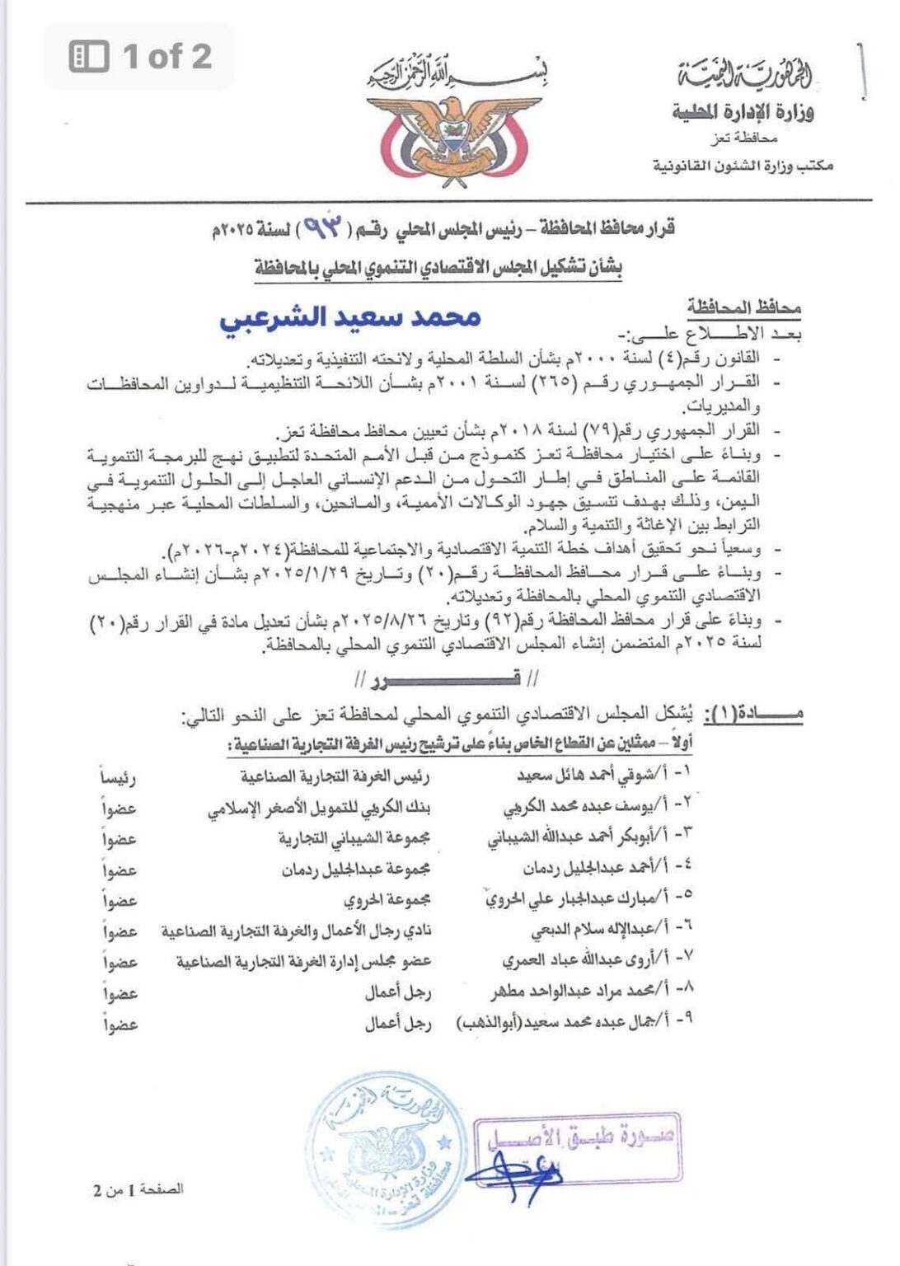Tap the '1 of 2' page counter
pyautogui.click(x=141, y=56)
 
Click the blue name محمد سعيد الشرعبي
pyautogui.click(x=350, y=318)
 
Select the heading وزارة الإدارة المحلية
pyautogui.click(x=742, y=111)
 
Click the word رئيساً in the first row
pyautogui.click(x=118, y=777)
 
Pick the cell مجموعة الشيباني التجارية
pyautogui.click(x=354, y=839)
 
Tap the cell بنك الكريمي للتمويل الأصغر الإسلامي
pyautogui.click(x=319, y=809)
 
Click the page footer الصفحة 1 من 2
pyautogui.click(x=138, y=1189)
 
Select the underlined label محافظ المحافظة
pyautogui.click(x=744, y=307)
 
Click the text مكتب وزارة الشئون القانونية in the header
pyautogui.click(x=743, y=166)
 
